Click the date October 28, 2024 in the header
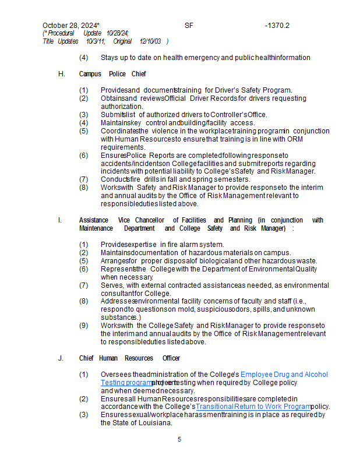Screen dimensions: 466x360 pyautogui.click(x=70, y=26)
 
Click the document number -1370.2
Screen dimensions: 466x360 pyautogui.click(x=277, y=26)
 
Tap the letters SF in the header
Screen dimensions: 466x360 pyautogui.click(x=189, y=26)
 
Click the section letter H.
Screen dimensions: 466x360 pyautogui.click(x=61, y=74)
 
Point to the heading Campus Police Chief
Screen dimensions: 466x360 pyautogui.click(x=112, y=74)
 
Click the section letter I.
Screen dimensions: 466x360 pyautogui.click(x=60, y=220)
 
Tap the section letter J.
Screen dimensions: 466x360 pyautogui.click(x=61, y=358)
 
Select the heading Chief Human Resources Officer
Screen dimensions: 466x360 pyautogui.click(x=129, y=358)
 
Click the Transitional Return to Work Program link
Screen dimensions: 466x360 pyautogui.click(x=253, y=407)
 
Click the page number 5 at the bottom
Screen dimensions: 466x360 pyautogui.click(x=179, y=439)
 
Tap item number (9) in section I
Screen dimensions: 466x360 pyautogui.click(x=84, y=325)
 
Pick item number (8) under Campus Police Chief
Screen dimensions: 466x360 pyautogui.click(x=84, y=188)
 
